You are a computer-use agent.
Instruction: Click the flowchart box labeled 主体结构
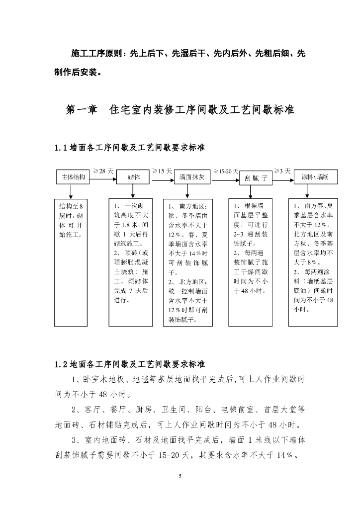[x=72, y=177]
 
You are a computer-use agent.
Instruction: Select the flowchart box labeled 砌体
[x=133, y=177]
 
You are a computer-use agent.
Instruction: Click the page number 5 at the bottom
[x=180, y=476]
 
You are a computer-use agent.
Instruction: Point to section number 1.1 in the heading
[x=61, y=148]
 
